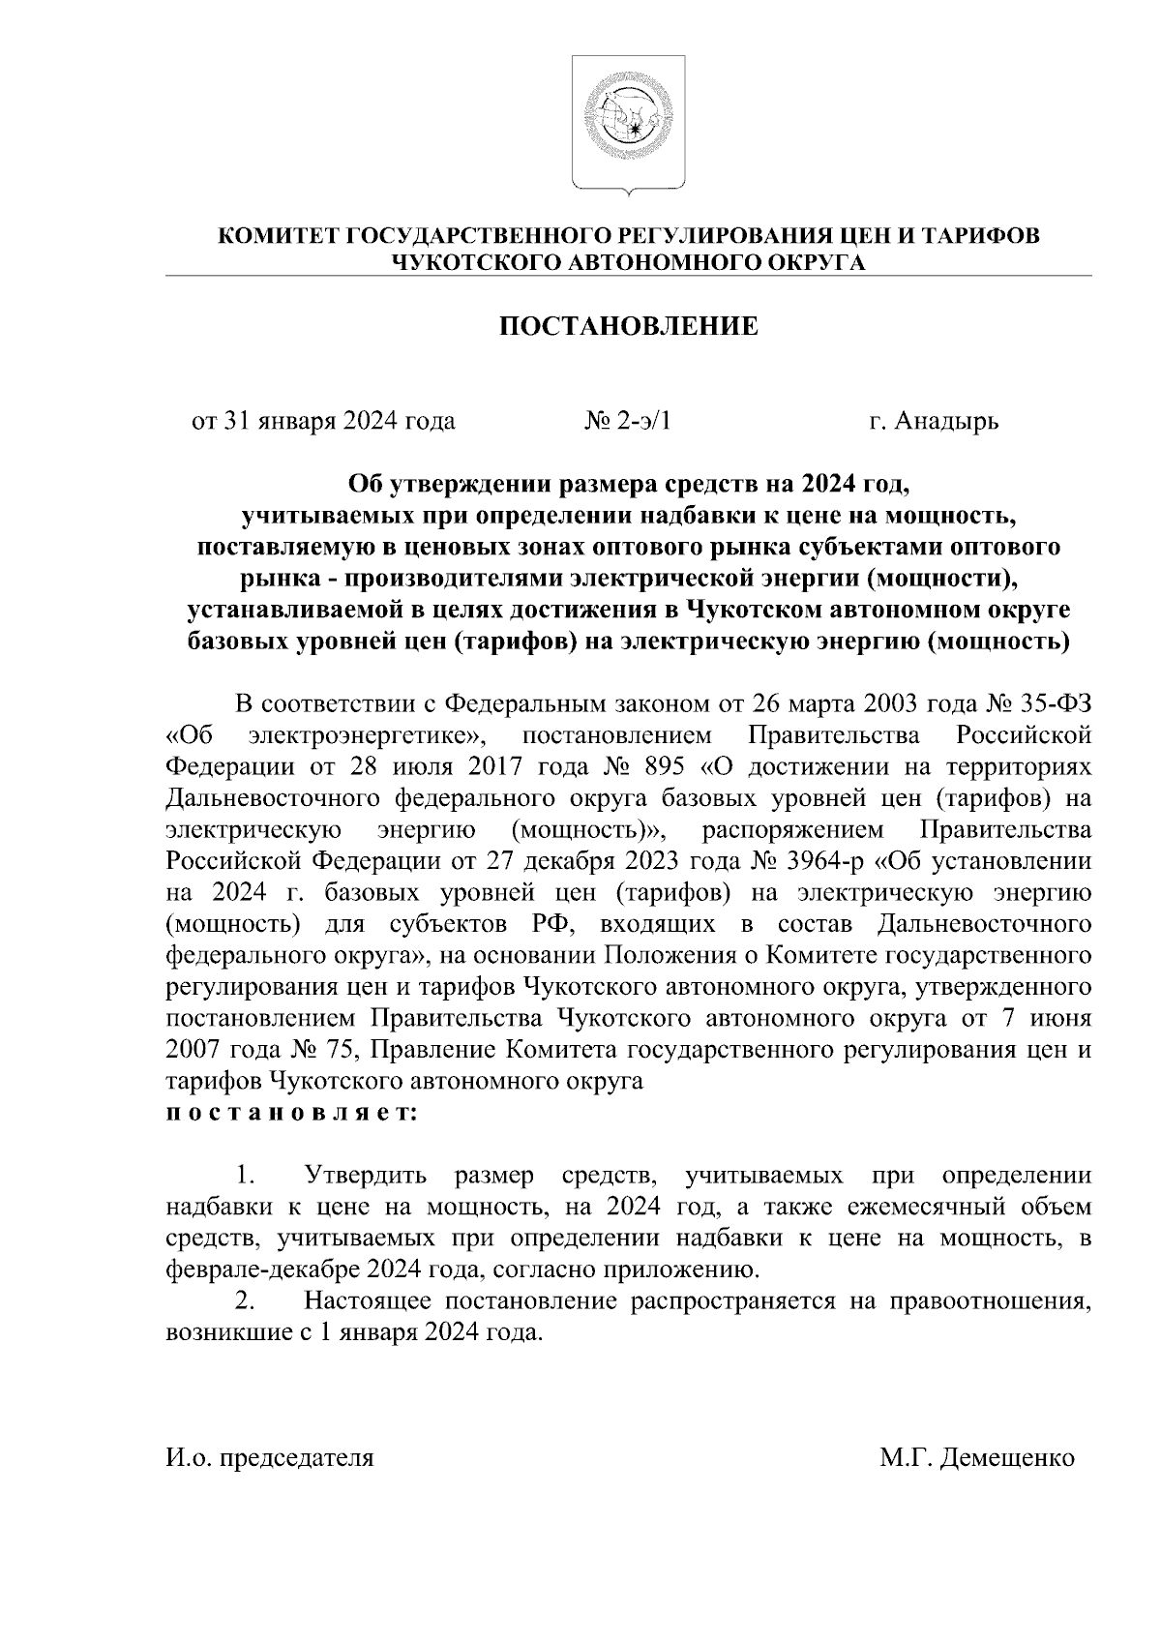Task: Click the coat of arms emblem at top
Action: pyautogui.click(x=629, y=123)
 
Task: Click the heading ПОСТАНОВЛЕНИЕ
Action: pyautogui.click(x=628, y=327)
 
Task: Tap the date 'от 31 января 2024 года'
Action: pyautogui.click(x=324, y=422)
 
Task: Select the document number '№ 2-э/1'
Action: pyautogui.click(x=628, y=422)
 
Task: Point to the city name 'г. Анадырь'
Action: pyautogui.click(x=933, y=422)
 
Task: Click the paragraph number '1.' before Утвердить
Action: pyautogui.click(x=245, y=1177)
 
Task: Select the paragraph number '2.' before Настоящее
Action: pyautogui.click(x=245, y=1302)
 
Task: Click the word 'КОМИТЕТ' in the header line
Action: pyautogui.click(x=276, y=237)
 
